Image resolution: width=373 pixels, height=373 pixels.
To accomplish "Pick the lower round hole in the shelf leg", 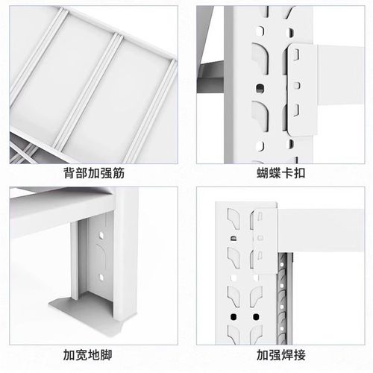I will pos(98,282).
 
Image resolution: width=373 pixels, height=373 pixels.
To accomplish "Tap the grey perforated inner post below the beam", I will pos(283,291).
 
